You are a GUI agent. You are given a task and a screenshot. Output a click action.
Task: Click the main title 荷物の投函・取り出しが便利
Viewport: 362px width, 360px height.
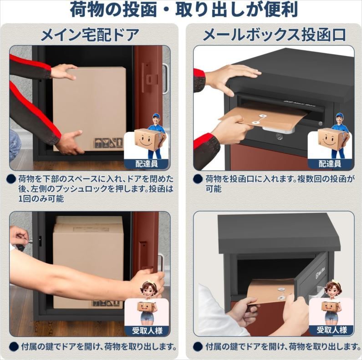tap(184, 10)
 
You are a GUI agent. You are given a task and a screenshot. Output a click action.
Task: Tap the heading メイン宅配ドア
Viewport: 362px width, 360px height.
tap(90, 35)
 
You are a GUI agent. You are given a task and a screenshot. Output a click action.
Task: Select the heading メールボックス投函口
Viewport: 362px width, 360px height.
tap(274, 35)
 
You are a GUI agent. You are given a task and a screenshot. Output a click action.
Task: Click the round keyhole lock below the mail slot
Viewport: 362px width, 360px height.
tap(279, 137)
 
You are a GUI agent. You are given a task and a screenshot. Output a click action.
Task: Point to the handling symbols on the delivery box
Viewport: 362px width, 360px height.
tap(108, 143)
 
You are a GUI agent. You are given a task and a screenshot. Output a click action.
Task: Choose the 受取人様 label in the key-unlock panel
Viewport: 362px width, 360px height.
tap(147, 330)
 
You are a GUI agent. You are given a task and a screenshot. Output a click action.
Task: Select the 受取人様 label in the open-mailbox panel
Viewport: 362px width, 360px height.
tap(332, 330)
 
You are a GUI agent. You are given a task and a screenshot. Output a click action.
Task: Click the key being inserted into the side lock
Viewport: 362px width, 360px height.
tap(30, 242)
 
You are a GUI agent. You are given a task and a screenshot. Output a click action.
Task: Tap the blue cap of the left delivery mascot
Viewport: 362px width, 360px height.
tap(156, 116)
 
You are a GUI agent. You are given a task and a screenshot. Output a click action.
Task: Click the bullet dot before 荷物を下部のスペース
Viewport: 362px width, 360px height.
tap(11, 179)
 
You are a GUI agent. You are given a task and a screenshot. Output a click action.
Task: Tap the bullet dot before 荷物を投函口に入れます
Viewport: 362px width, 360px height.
tap(198, 179)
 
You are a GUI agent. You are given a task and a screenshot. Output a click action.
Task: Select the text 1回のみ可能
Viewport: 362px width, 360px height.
tap(41, 199)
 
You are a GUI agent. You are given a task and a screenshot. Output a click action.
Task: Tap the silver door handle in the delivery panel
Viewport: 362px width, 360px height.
tap(165, 78)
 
